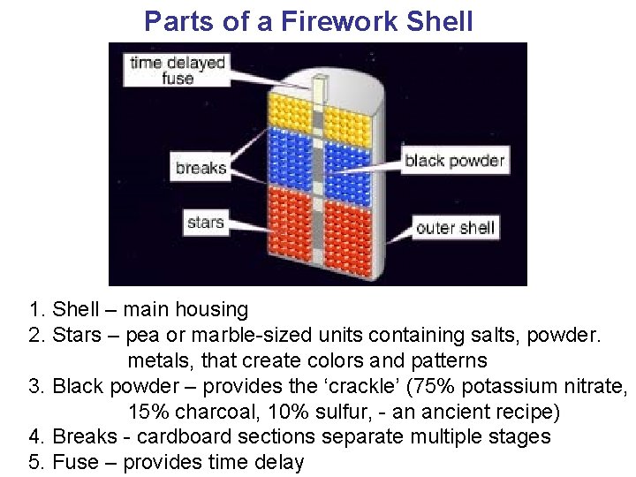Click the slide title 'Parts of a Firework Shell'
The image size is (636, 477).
click(308, 21)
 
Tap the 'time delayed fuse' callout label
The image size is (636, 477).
click(178, 70)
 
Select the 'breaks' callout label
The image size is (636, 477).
click(201, 168)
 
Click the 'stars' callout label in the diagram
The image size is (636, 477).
click(205, 223)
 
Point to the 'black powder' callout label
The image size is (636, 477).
click(454, 161)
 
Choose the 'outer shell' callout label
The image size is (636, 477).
click(454, 228)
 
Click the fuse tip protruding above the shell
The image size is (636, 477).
click(320, 87)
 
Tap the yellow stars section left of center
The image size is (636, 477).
click(291, 115)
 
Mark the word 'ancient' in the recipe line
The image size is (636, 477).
click(443, 412)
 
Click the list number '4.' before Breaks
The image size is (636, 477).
click(37, 437)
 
